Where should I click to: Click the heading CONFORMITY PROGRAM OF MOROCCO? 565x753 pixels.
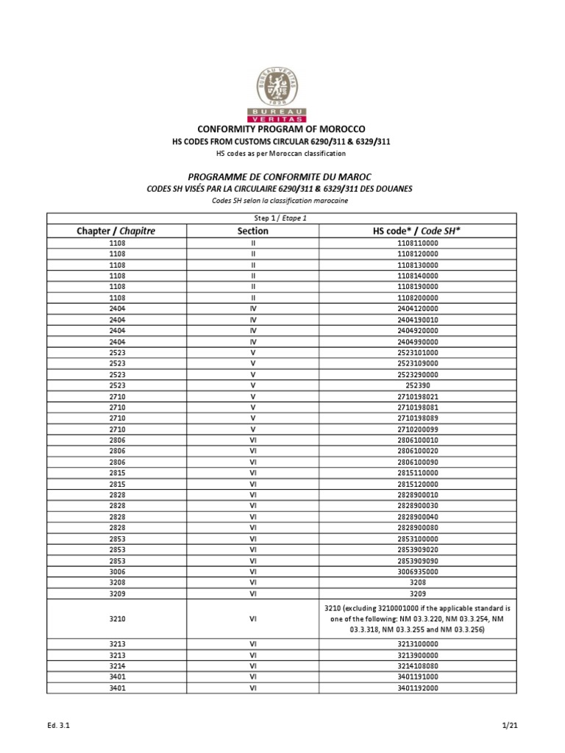(x=282, y=129)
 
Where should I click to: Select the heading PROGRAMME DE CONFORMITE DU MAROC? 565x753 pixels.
(x=282, y=177)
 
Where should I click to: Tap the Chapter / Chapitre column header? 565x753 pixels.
(x=116, y=231)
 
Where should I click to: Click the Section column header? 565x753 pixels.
(x=252, y=231)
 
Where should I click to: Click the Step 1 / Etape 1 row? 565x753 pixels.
(x=282, y=218)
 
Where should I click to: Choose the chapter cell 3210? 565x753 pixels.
(x=116, y=620)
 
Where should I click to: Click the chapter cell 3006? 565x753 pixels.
(x=116, y=571)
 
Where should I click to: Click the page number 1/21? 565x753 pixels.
(x=510, y=726)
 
